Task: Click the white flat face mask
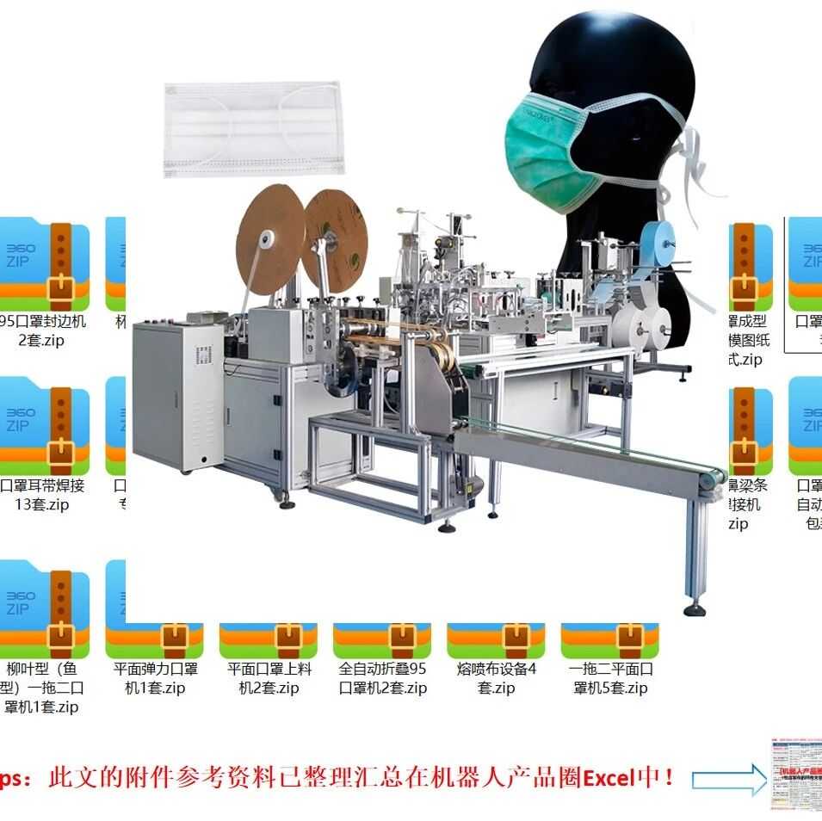pos(253,129)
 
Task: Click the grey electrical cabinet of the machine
pos(177,396)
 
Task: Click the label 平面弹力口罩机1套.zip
pos(156,678)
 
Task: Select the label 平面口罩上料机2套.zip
pos(269,678)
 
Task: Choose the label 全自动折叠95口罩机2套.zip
pos(382,678)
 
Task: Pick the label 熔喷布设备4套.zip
pos(496,678)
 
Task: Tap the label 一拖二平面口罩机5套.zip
pos(610,678)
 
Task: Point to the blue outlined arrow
pos(728,780)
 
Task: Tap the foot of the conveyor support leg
pos(695,610)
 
